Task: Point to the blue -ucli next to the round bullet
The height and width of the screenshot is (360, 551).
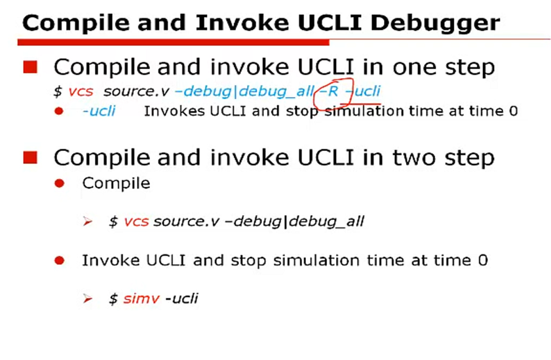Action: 99,111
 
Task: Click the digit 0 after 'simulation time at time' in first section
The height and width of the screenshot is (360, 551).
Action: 513,111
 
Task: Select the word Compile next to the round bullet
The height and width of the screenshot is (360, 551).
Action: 116,183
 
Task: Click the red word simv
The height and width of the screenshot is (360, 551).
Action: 142,299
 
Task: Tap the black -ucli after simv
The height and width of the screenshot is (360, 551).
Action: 181,299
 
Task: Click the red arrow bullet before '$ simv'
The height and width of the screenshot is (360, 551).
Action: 88,299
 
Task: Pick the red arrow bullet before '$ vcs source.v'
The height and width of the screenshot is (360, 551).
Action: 88,222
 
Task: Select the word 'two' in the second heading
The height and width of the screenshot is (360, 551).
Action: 410,158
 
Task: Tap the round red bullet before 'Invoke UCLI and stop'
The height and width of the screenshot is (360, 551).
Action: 59,260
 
